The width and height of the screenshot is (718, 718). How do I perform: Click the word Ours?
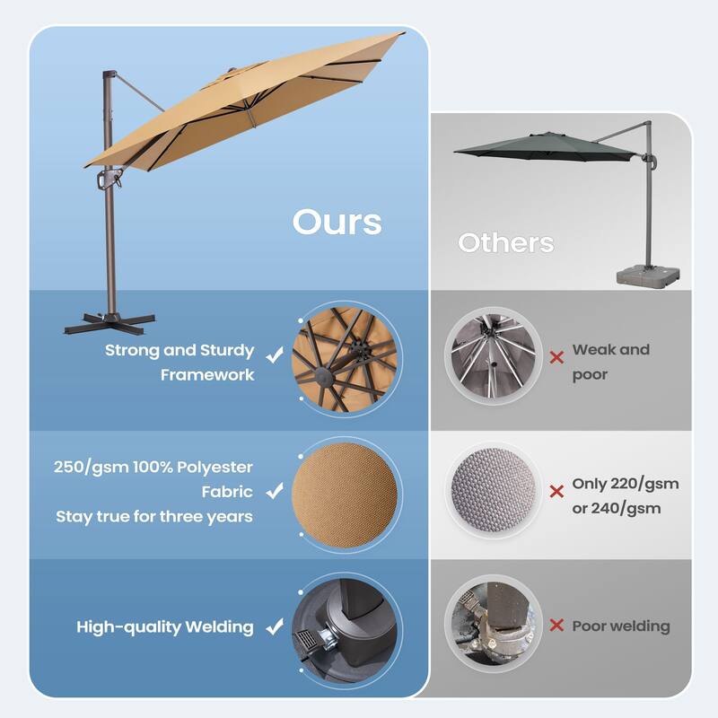[337, 222]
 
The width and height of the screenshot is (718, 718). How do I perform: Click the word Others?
[505, 242]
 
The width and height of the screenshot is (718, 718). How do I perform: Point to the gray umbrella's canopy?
[530, 144]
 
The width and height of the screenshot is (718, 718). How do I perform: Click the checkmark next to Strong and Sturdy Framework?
[275, 356]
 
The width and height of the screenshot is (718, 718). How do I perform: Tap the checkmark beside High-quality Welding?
[275, 627]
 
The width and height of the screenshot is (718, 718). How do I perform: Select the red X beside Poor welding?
[556, 626]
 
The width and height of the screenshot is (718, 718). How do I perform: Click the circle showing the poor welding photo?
[494, 626]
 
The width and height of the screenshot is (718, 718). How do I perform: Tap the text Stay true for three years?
[153, 516]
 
